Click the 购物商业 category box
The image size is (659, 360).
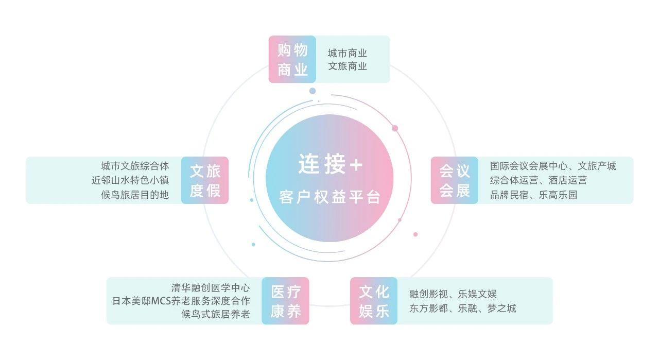292,59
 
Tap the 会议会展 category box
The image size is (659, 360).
455,180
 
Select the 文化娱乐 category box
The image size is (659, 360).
374,301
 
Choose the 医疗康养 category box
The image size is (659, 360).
285,301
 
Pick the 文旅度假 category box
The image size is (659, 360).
205,180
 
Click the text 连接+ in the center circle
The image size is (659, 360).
330,165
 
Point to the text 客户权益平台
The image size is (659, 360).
329,197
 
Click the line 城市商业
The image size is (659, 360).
348,53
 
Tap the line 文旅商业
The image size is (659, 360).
348,66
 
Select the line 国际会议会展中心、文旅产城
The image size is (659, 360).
553,166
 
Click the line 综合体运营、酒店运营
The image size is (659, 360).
538,180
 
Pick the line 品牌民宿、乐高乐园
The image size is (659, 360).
533,195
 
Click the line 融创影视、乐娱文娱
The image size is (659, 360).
453,294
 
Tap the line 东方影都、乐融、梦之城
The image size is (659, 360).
462,308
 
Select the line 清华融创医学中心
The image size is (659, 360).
211,287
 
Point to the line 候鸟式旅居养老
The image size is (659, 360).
215,314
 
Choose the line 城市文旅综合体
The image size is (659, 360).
135,166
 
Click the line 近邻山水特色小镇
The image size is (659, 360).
130,180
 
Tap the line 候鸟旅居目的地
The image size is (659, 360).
135,195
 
